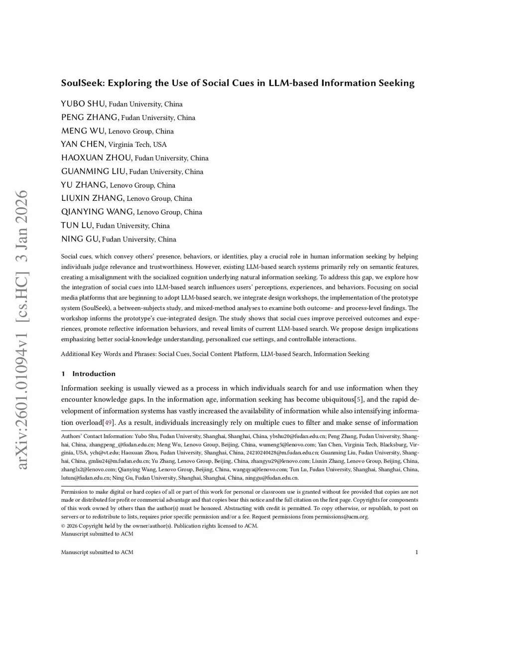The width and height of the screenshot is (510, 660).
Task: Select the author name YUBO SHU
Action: tap(83, 104)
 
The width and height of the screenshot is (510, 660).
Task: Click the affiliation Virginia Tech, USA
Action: tap(137, 144)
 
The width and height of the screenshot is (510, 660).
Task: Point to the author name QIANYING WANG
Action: tap(97, 212)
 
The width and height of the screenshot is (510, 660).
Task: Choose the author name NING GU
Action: tap(80, 239)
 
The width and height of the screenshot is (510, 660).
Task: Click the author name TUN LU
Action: tap(77, 225)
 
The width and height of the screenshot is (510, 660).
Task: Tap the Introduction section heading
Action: tap(94, 374)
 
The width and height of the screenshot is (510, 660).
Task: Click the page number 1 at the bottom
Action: tap(416, 552)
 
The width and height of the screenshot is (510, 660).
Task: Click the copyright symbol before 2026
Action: tap(63, 526)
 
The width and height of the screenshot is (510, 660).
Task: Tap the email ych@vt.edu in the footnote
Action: tap(105, 453)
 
